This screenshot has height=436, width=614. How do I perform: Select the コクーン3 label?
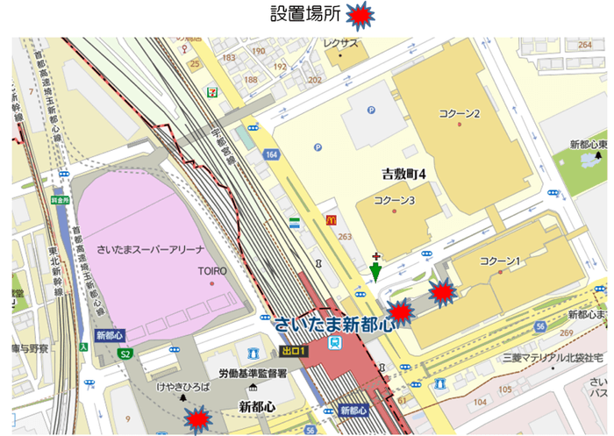tap(395, 201)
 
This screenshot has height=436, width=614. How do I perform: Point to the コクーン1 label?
tap(501, 261)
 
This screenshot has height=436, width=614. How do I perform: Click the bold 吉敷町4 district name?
tap(397, 173)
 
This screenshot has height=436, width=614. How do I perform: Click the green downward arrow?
tap(375, 272)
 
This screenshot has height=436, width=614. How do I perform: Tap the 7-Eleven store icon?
tap(212, 91)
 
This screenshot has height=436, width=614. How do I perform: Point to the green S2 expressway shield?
tap(125, 354)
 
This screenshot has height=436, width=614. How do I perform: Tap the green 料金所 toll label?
tap(59, 199)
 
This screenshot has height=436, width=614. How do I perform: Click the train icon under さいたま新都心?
tap(335, 345)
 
